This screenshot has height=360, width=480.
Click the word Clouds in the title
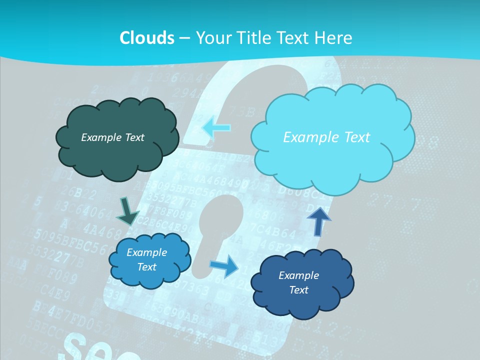146,37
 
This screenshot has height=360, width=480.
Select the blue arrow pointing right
224,265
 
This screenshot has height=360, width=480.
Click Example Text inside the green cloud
112,137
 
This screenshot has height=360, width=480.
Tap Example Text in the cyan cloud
326,137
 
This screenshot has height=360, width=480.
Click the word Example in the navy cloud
298,275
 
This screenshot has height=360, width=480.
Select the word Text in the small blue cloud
146,267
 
